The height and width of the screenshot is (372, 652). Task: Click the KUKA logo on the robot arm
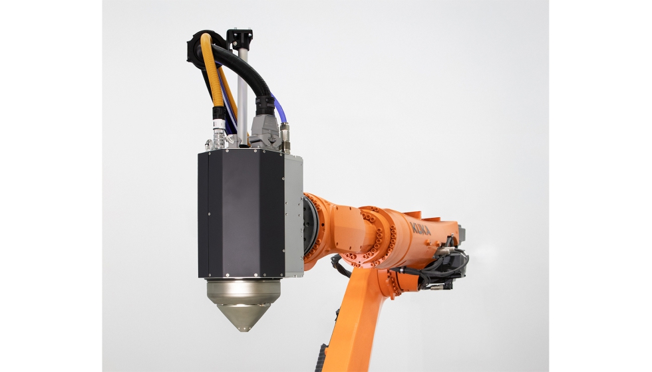(420, 229)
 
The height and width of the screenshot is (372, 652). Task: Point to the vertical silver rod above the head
(243, 93)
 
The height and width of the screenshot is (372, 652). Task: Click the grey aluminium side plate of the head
(293, 213)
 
